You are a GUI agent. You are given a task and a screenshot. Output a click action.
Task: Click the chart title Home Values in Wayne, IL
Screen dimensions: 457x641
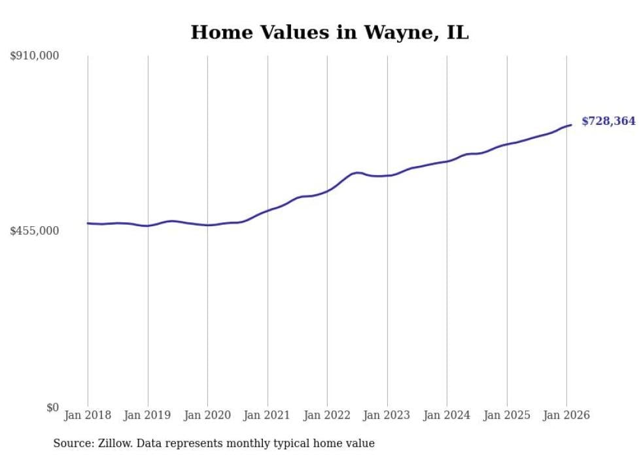[330, 32]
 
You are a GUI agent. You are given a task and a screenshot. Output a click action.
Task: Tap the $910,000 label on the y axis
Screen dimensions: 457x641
[35, 56]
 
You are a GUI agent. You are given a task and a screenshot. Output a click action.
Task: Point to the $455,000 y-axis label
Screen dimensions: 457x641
[35, 231]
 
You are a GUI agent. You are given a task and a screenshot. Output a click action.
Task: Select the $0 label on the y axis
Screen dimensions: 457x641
[53, 407]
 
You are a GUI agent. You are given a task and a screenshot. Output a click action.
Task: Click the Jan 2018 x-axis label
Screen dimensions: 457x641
[88, 415]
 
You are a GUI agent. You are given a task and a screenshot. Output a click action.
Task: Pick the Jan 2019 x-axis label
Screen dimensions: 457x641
[148, 415]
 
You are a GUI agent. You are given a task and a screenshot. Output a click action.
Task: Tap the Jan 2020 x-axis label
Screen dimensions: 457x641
[207, 415]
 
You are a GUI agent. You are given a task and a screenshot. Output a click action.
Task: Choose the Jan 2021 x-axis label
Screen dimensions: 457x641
[268, 415]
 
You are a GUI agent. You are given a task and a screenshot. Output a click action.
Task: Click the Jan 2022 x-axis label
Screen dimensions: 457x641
[327, 415]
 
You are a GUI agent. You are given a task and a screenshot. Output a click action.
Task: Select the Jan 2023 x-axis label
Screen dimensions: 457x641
[387, 415]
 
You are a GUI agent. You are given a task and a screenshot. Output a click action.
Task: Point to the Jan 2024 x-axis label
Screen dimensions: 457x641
[447, 415]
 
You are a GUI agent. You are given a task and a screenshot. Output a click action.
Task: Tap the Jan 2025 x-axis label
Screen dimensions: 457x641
[507, 415]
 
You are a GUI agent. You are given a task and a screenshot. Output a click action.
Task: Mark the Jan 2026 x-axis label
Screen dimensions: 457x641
[566, 415]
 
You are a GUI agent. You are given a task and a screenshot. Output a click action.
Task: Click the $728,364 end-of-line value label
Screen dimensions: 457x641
[608, 121]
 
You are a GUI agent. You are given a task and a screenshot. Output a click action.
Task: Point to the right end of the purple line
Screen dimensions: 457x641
[571, 125]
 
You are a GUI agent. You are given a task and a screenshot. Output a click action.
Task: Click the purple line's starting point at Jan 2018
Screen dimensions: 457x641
[88, 223]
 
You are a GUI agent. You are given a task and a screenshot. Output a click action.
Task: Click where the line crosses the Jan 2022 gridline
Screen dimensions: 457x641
[327, 191]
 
